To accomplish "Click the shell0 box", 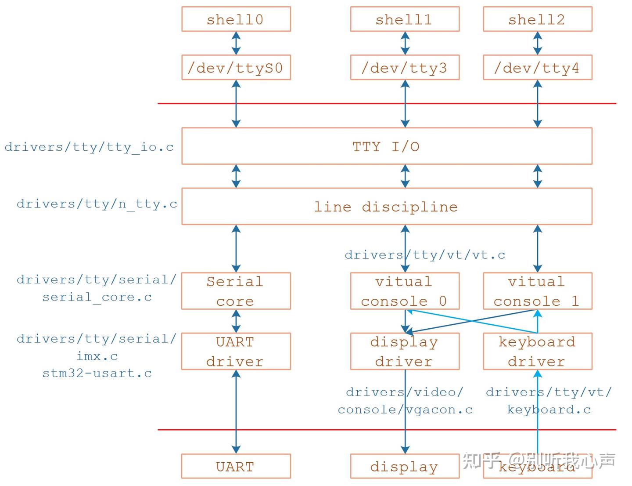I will coord(236,19).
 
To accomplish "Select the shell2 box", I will coord(537,19).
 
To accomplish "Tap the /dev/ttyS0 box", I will coord(236,68).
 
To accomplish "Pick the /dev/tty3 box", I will coord(405,68).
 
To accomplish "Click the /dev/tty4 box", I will coord(537,68).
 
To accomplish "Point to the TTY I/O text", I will coord(386,146).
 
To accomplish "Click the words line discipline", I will coord(386,207).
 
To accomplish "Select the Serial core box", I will coord(236,291).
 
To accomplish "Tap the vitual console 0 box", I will coord(405,291).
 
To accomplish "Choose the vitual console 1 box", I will coord(537,291).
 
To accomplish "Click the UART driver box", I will coord(236,351).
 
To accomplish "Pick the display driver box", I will coord(405,351).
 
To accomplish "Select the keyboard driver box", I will coord(537,351).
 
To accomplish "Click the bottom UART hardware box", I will coord(236,466).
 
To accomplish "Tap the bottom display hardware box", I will coord(405,466).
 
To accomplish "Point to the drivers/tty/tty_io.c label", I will coord(89,147).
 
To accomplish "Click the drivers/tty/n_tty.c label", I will coord(97,204).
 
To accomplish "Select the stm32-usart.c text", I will coord(97,374).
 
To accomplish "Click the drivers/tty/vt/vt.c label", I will coord(425,255).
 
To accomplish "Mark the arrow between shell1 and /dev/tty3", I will coord(405,43).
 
